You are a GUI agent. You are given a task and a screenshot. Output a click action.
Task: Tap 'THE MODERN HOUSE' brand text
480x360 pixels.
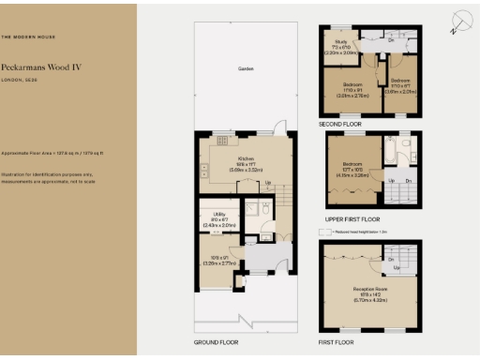(28, 37)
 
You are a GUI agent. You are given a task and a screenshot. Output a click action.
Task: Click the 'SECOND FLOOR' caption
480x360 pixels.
(339, 123)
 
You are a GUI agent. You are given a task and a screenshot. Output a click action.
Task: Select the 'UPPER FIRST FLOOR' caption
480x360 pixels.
(347, 218)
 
